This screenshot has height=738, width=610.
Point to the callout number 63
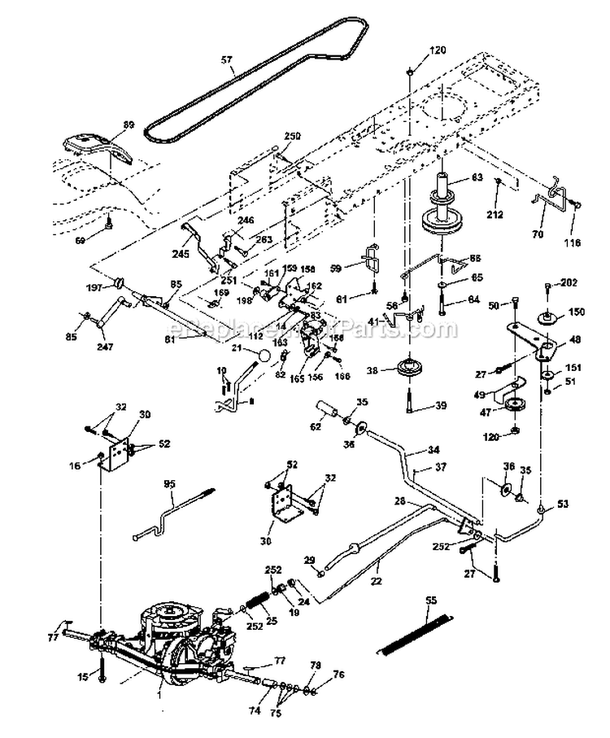477,178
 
